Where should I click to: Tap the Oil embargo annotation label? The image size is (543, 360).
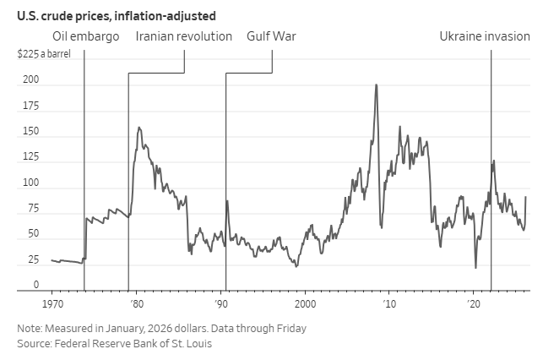tap(85, 36)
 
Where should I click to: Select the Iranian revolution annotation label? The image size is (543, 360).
tap(183, 36)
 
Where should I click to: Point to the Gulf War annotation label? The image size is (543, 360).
tap(271, 36)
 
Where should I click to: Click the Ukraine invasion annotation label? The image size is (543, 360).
tap(485, 36)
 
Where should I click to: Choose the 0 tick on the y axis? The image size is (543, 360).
tap(35, 286)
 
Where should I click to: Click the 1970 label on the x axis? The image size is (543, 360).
tap(52, 303)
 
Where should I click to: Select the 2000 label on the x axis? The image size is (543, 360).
tap(305, 303)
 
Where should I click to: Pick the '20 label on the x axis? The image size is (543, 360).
tap(473, 303)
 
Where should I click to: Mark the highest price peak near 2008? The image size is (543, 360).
tap(376, 85)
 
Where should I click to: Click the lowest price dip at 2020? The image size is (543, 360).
tap(475, 268)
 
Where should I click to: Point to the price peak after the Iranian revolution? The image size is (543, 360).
tap(138, 128)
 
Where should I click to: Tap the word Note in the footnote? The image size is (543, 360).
tap(29, 328)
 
